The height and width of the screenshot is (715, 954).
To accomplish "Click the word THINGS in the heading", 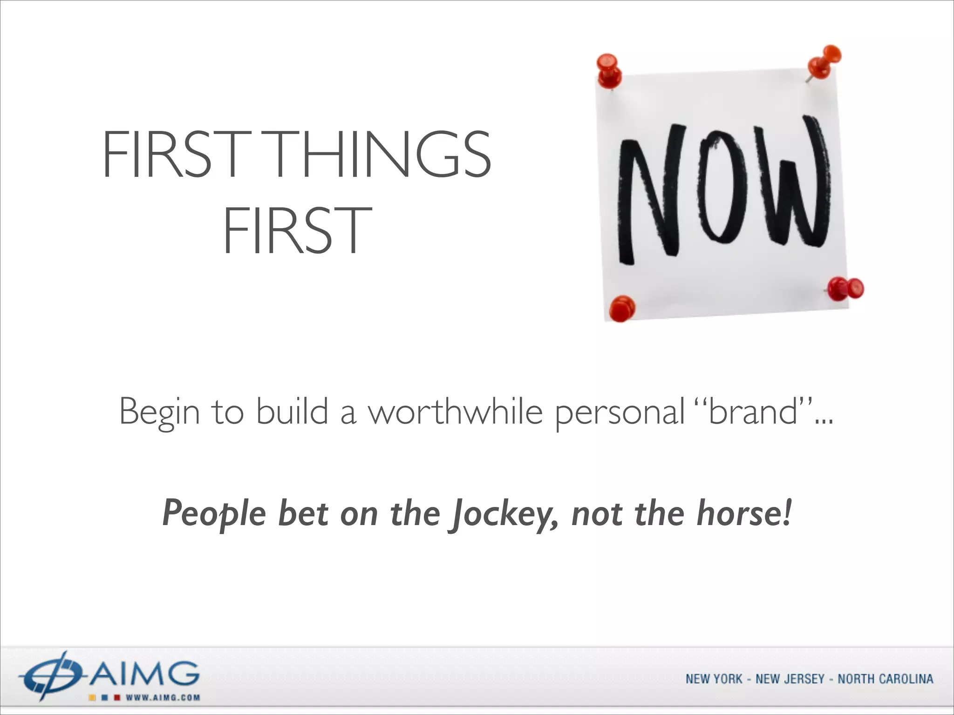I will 380,154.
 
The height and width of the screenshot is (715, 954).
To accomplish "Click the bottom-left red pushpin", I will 622,308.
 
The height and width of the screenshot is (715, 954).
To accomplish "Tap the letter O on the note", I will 720,186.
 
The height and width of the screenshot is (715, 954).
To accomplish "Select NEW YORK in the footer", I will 713,679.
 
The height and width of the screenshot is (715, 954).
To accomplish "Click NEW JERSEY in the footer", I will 790,679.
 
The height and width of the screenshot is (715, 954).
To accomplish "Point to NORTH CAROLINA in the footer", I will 885,679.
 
